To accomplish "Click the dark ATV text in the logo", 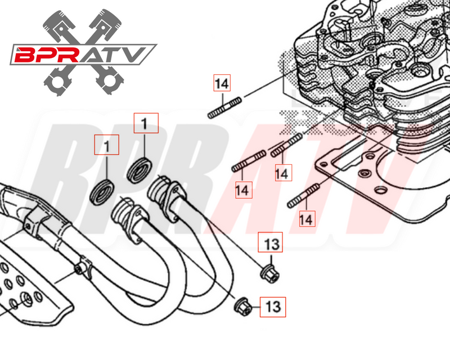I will point(125,55).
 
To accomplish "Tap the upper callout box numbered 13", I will point(271,245).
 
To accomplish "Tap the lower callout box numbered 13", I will point(272,307).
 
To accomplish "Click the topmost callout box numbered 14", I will point(222,84).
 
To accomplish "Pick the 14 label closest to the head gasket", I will point(306,218).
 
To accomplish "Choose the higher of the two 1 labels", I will point(146,123).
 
